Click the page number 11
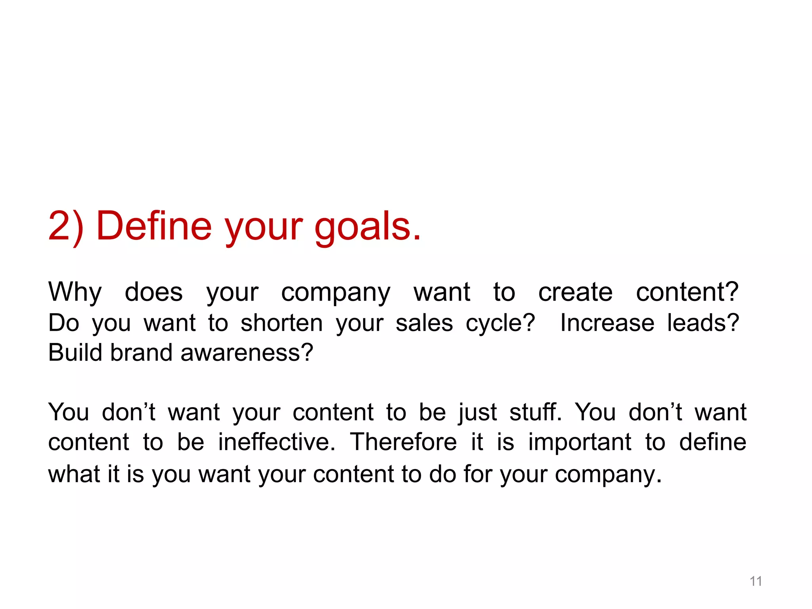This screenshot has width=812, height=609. [756, 581]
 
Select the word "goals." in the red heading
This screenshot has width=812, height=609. [368, 227]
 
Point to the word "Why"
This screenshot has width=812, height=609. [75, 293]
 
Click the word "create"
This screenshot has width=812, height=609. [575, 293]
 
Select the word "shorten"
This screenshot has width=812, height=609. [282, 323]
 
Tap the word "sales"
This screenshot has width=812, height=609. [424, 323]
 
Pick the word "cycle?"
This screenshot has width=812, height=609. [500, 324]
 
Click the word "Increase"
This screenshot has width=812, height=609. [607, 323]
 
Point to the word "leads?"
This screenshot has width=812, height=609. [703, 323]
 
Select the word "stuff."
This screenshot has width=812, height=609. [536, 412]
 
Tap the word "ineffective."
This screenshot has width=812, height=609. [277, 442]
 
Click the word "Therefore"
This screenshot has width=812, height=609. [403, 442]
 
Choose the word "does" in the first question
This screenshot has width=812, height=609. [154, 293]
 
